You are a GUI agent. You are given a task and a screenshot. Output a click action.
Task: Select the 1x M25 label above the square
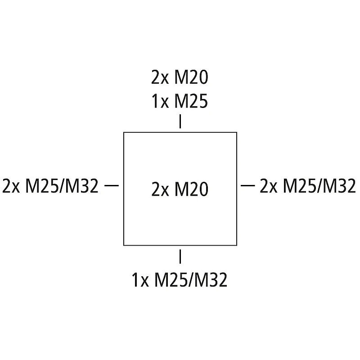[180, 102]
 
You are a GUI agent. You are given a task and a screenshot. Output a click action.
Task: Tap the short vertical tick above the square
[180, 122]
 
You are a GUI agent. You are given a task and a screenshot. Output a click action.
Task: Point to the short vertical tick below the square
[180, 256]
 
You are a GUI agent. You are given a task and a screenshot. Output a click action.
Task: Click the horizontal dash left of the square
[111, 185]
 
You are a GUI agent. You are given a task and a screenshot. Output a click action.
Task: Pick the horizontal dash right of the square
[249, 185]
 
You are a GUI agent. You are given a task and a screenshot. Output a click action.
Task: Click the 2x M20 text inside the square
[180, 189]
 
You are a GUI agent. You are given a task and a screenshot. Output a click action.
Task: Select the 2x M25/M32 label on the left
[50, 186]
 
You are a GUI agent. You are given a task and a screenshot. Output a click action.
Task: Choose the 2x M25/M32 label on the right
[308, 186]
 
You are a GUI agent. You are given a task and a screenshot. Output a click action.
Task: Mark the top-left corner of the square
[124, 132]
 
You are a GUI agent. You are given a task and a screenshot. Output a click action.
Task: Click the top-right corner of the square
[237, 132]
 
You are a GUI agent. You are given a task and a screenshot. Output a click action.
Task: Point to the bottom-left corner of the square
[124, 245]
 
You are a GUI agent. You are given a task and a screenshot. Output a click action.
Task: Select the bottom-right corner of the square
[237, 245]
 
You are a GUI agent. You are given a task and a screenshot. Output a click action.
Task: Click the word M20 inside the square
[191, 189]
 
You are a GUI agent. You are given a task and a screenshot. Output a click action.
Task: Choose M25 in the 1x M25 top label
[191, 102]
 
